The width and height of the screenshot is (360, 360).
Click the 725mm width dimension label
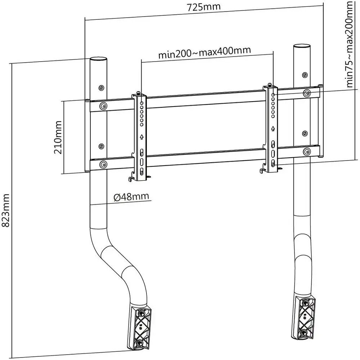204,7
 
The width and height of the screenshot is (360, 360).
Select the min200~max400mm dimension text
204,53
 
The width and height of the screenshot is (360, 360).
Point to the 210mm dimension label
58,137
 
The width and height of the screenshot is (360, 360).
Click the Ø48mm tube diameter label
131,197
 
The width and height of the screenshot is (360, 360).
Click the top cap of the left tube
98,59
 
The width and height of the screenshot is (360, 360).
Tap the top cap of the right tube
302,47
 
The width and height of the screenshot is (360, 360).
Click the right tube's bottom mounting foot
305,314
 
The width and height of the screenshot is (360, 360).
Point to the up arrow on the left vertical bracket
142,137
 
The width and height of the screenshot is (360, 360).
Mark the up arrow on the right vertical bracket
273,128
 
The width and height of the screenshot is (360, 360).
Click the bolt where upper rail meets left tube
104,105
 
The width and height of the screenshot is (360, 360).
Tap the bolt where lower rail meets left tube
104,165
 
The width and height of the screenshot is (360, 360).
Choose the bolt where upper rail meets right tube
307,93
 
